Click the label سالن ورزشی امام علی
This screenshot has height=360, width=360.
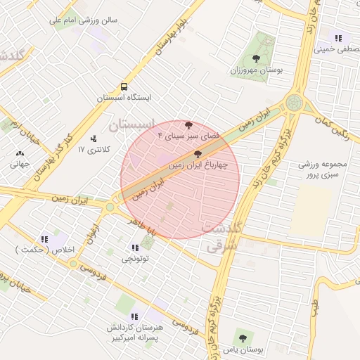(x=83, y=20)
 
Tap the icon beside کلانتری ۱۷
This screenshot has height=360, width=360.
(x=94, y=139)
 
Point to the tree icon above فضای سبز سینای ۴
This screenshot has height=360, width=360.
(x=188, y=124)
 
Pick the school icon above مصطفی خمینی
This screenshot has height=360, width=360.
(x=339, y=39)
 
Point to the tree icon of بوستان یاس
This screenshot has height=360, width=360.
(x=243, y=338)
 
